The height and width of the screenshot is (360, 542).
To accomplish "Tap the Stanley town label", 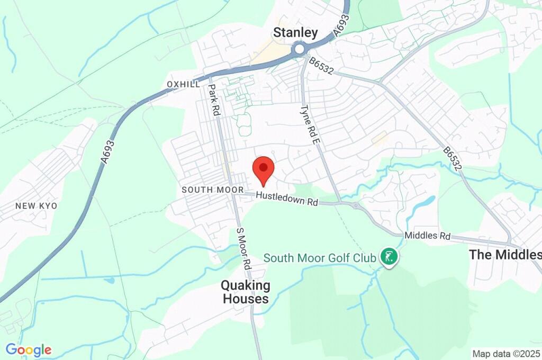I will pyautogui.click(x=295, y=33).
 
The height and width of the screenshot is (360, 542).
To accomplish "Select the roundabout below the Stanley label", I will pyautogui.click(x=300, y=49).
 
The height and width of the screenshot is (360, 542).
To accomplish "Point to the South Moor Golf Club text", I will pyautogui.click(x=320, y=258).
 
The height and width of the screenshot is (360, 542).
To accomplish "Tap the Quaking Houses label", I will pyautogui.click(x=246, y=292).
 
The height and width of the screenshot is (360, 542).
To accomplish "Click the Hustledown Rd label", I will pyautogui.click(x=286, y=199).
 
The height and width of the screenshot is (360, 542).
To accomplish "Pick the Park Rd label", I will pyautogui.click(x=214, y=100).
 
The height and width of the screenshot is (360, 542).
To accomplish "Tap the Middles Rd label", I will pyautogui.click(x=427, y=236).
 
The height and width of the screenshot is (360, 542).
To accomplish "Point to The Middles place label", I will pyautogui.click(x=505, y=255).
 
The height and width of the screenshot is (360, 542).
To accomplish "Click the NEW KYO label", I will pyautogui.click(x=36, y=205).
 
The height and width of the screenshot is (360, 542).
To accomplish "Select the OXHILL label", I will pyautogui.click(x=183, y=85).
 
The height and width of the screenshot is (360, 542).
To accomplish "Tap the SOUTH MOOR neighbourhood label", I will pyautogui.click(x=212, y=190).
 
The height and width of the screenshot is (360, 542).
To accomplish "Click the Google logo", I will pyautogui.click(x=29, y=349).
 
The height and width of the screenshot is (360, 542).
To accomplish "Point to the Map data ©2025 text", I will pyautogui.click(x=506, y=353).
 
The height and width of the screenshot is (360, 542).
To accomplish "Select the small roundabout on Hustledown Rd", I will pyautogui.click(x=356, y=205).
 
